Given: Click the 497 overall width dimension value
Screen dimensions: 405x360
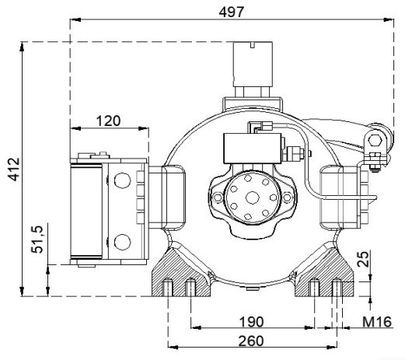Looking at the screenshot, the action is [x=232, y=12].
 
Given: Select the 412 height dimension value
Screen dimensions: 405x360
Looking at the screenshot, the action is [x=13, y=170].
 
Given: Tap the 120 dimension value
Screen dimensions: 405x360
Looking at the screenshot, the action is [x=108, y=121].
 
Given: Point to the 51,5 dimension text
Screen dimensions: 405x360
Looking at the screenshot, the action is [x=37, y=239].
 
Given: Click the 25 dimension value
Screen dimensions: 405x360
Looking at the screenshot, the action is [x=363, y=259].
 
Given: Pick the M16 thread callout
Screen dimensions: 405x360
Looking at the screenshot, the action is [x=377, y=322].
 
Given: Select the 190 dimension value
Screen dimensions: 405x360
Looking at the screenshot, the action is [x=251, y=322].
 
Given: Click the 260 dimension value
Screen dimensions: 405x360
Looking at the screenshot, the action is [x=251, y=341].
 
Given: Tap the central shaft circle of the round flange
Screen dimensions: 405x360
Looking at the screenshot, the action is [x=252, y=198].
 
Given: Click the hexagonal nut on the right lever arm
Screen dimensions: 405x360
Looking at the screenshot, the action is [x=375, y=141].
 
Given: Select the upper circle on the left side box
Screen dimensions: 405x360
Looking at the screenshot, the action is [x=122, y=180].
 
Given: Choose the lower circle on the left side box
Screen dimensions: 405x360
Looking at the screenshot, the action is [x=122, y=242].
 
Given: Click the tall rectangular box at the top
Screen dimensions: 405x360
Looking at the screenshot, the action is [x=253, y=64].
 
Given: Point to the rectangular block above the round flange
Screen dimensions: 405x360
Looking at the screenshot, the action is [x=253, y=149].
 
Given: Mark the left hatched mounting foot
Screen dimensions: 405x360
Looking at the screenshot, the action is [x=181, y=272].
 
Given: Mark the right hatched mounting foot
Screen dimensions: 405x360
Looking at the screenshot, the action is [x=324, y=272].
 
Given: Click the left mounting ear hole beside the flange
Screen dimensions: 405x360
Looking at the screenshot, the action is [x=217, y=197].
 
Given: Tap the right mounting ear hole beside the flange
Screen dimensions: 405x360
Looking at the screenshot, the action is [x=287, y=197].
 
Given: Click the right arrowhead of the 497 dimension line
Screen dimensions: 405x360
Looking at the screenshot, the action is [x=389, y=19].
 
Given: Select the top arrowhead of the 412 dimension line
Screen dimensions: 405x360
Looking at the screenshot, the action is [x=22, y=47].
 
